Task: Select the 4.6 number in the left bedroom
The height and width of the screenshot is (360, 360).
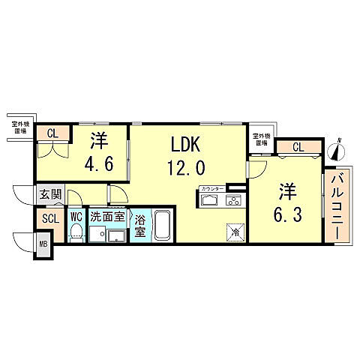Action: point(98,163)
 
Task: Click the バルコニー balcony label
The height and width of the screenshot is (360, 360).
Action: point(337,205)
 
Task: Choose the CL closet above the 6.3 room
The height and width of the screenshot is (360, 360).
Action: point(298,146)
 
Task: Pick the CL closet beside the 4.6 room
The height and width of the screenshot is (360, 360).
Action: point(52,135)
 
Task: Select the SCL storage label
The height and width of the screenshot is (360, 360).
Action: point(50,219)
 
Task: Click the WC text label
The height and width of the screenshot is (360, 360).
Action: point(76,217)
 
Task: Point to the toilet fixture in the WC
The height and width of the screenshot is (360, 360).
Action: point(76,235)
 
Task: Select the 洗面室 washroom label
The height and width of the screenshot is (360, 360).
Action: point(108,217)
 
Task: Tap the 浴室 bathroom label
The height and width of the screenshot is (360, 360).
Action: point(140,226)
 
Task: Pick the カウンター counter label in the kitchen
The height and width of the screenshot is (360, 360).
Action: point(212,187)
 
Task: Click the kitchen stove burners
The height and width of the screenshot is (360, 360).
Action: point(233,199)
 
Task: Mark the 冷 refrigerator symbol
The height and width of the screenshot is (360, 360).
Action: point(235,232)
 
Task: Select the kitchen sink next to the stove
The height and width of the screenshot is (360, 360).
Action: point(210,199)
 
